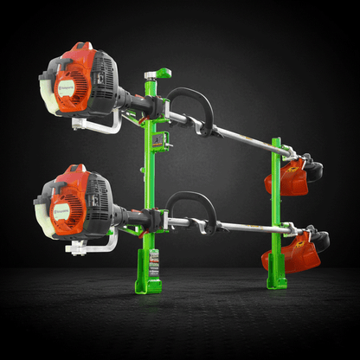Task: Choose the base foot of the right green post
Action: (276, 275)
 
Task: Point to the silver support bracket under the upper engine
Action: (97, 125)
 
